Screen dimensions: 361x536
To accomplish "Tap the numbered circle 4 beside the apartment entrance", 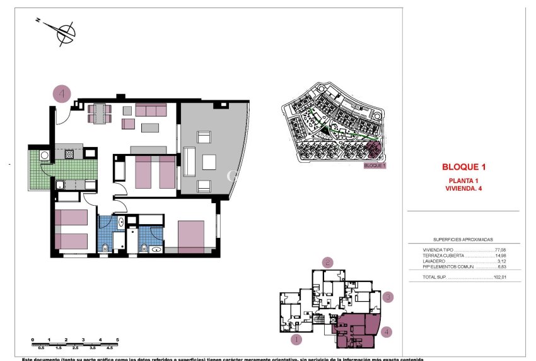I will [62, 94].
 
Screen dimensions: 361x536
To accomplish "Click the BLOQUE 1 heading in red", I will [463, 168].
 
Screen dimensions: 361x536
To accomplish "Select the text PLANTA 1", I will [463, 180].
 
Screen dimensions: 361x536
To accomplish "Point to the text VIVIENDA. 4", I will [463, 188].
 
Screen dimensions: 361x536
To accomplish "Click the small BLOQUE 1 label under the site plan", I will [375, 165].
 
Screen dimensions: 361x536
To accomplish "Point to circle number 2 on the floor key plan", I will [327, 262].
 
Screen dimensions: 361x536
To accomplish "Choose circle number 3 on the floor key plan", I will [389, 297].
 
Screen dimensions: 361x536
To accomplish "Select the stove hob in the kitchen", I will [69, 153].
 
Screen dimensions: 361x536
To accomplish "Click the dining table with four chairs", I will [100, 112].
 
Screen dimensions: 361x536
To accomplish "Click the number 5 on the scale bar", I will [117, 340].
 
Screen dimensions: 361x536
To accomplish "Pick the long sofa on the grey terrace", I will [189, 162].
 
